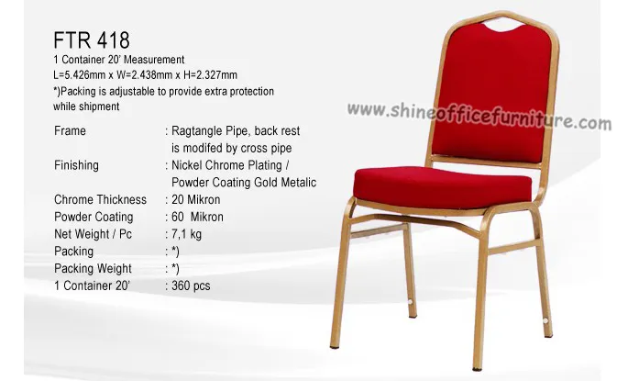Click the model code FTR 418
[92, 40]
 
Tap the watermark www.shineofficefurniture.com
[479, 116]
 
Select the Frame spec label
[70, 130]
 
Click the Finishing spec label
[76, 165]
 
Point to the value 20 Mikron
[196, 199]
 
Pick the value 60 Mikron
[197, 217]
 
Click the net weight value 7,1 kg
[187, 234]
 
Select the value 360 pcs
[191, 286]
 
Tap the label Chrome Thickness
[100, 199]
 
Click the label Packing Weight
[93, 268]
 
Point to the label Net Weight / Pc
[93, 234]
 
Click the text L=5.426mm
[79, 75]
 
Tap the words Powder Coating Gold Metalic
[244, 183]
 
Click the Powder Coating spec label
[94, 217]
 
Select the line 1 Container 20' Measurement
[119, 60]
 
